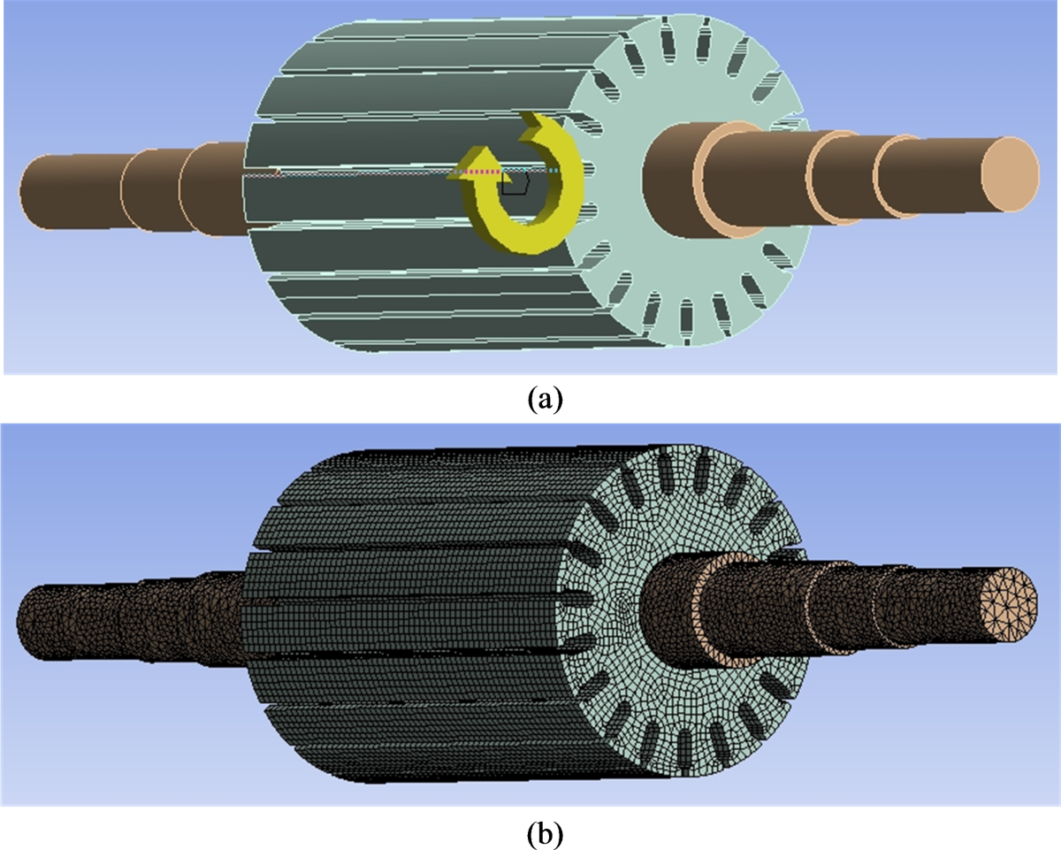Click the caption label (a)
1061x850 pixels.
coord(545,398)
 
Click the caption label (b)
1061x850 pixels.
coord(545,834)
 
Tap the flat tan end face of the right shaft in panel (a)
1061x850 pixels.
coord(1011,174)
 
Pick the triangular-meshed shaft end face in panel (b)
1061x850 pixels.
coord(1008,605)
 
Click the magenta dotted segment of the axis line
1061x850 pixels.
coord(477,172)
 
